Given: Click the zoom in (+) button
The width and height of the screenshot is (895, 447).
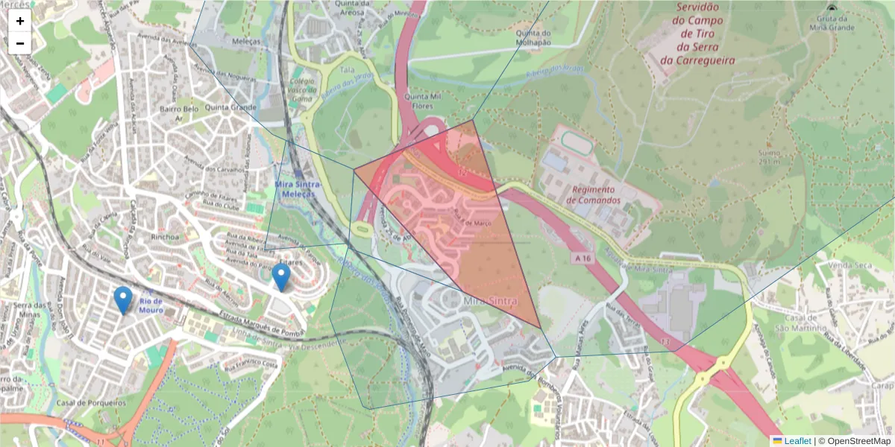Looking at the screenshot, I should click(20, 21).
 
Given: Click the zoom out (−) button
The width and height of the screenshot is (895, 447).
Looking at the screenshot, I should click(20, 43).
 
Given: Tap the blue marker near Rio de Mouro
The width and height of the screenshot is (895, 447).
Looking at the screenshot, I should click(123, 300).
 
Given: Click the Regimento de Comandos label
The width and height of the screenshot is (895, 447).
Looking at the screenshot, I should click(594, 195).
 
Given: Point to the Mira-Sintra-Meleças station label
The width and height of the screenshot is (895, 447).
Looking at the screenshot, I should click(296, 188).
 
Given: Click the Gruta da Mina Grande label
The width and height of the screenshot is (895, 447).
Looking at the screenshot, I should click(832, 22).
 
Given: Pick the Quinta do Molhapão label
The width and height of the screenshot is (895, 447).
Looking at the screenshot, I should click(534, 37).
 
